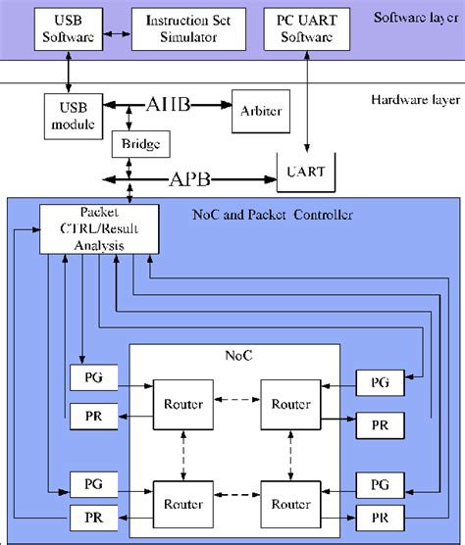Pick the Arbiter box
point(259,110)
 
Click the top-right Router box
point(290,404)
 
